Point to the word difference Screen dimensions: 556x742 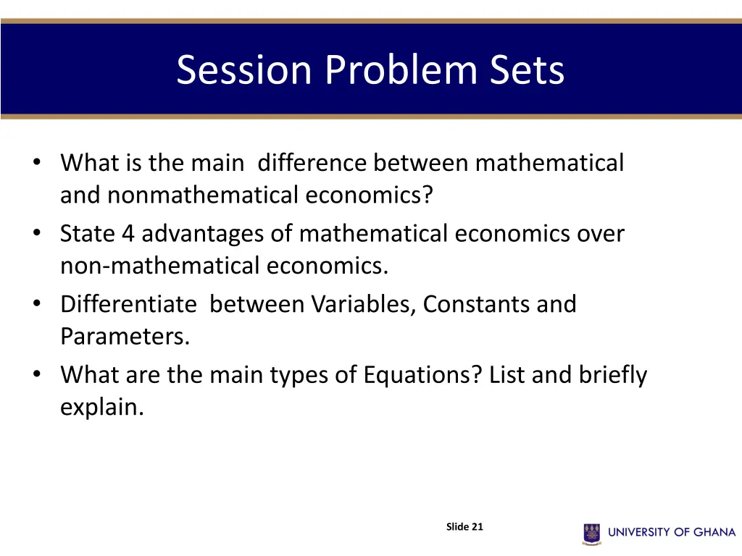[312, 163]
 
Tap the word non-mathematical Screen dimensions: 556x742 [159, 266]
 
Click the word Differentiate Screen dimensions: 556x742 [128, 304]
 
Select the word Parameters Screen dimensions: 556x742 [124, 337]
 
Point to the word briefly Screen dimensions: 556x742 [612, 375]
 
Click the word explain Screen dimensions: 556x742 [101, 407]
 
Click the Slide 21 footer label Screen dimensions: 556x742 [464, 527]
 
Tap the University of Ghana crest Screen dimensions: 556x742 [592, 534]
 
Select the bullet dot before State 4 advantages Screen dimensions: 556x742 [36, 234]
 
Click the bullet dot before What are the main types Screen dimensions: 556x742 [36, 375]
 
